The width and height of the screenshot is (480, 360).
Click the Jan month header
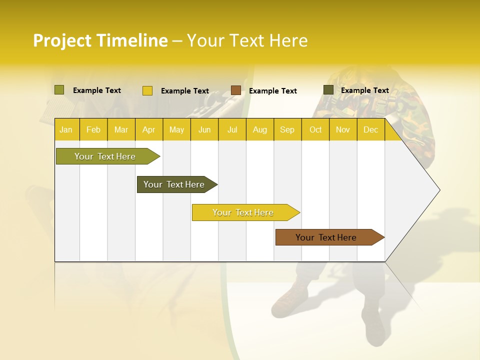click(x=66, y=129)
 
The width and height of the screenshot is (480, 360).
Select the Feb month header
click(x=93, y=129)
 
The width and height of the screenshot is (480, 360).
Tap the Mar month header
click(x=121, y=129)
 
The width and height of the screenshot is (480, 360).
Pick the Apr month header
click(x=149, y=129)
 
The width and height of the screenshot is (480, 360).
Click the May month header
click(x=176, y=129)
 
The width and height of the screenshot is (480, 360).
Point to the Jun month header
click(x=204, y=129)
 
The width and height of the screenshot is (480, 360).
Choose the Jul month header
click(x=232, y=129)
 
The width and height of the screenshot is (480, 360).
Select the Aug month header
click(x=260, y=129)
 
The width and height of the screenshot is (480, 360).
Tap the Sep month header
click(x=287, y=129)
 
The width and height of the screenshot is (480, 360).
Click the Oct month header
click(x=315, y=129)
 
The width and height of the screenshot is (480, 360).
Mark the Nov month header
click(x=343, y=129)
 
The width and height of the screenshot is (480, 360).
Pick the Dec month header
click(x=371, y=129)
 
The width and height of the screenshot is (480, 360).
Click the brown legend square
click(x=236, y=90)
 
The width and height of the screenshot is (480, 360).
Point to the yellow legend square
click(x=147, y=90)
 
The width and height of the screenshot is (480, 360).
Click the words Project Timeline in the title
click(x=100, y=40)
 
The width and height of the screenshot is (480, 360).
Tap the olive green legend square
click(x=59, y=90)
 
